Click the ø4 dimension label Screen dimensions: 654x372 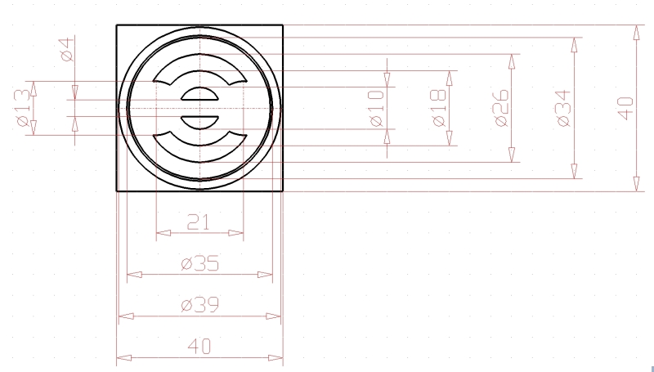[68, 50]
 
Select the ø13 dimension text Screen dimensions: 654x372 [24, 108]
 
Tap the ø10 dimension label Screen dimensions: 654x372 [377, 108]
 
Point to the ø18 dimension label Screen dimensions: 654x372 [439, 108]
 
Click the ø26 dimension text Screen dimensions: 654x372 [501, 108]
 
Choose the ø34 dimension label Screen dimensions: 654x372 [563, 108]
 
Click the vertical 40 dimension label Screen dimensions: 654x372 [626, 109]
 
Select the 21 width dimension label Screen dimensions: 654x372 [198, 222]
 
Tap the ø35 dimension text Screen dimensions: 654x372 [199, 263]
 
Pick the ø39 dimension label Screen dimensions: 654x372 [199, 305]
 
